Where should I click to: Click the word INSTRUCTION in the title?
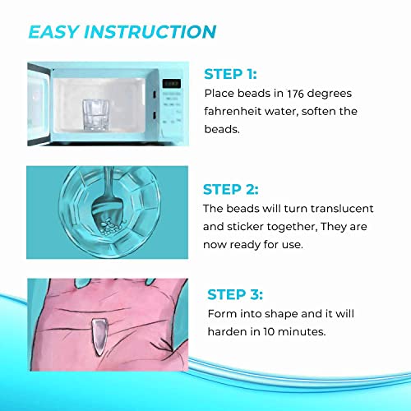click(152, 32)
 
